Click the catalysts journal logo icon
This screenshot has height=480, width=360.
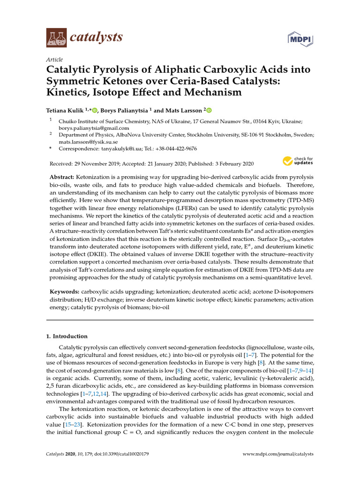click(x=56, y=37)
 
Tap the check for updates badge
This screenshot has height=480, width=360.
click(x=298, y=161)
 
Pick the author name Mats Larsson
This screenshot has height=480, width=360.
click(x=183, y=110)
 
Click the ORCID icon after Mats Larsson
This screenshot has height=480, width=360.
click(x=209, y=111)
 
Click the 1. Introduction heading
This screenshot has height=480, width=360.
click(x=67, y=336)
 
